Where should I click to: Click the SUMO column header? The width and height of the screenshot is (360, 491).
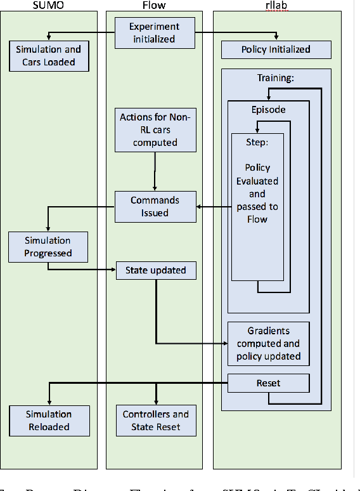click(x=48, y=5)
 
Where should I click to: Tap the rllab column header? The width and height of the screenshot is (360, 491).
click(x=277, y=5)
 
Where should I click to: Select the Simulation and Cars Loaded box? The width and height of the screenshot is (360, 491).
click(x=49, y=56)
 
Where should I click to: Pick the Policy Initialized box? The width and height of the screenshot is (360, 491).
click(x=276, y=49)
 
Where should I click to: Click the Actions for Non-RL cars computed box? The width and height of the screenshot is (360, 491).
click(x=155, y=130)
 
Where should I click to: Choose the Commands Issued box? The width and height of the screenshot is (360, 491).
click(x=155, y=206)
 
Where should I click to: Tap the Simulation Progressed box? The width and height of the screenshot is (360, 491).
click(x=48, y=247)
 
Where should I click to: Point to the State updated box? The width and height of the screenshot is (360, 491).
click(x=155, y=270)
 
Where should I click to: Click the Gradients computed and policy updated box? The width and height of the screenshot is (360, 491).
click(x=269, y=343)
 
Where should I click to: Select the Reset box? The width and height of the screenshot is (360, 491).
click(x=269, y=383)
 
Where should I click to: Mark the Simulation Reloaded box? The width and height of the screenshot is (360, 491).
click(x=49, y=421)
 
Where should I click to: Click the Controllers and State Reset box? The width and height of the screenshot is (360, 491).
click(x=155, y=421)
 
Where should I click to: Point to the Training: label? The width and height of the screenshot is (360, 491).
click(x=276, y=78)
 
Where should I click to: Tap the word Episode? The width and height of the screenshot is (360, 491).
click(x=269, y=109)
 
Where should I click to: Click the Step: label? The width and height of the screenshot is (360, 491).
click(x=257, y=141)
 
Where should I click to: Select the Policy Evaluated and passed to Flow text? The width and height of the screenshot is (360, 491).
click(x=257, y=193)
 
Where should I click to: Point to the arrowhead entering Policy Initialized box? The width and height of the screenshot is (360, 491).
click(x=276, y=39)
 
